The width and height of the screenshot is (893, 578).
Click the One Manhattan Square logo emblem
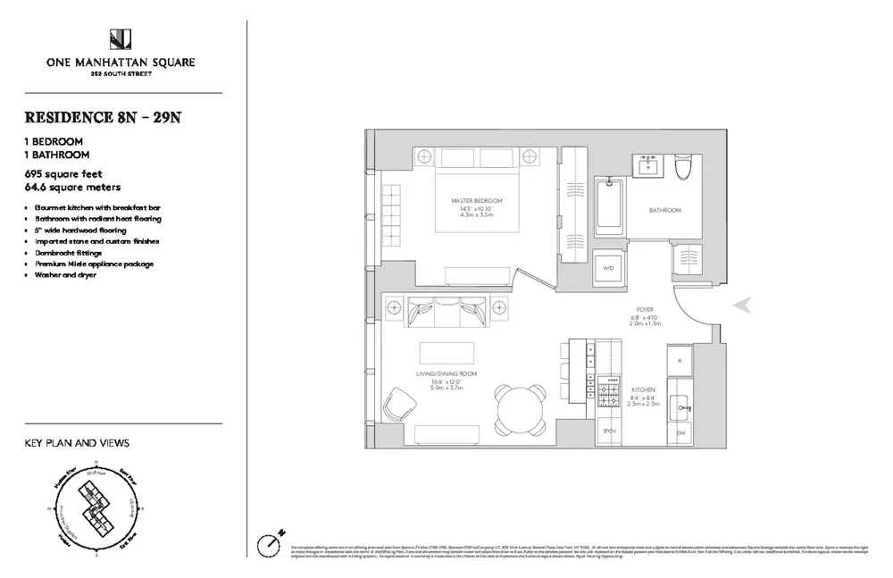click(x=121, y=39)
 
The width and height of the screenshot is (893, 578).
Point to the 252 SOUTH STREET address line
click(x=121, y=75)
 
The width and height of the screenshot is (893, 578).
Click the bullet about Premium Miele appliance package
click(x=88, y=264)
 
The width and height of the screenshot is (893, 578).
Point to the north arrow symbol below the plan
click(x=271, y=541)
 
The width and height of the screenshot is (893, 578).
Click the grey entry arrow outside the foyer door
click(x=741, y=306)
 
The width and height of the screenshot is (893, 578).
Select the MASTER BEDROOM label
click(x=477, y=200)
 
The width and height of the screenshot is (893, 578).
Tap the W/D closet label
click(x=609, y=268)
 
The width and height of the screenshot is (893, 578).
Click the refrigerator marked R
click(x=680, y=361)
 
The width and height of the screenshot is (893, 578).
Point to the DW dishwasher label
click(x=680, y=434)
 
